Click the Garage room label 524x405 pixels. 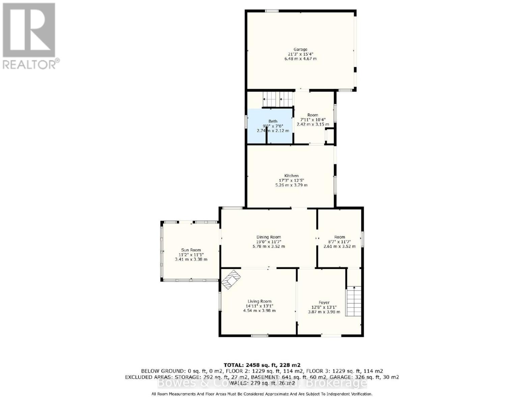click(x=300, y=50)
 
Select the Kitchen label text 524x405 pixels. click(x=291, y=175)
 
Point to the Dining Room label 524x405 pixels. click(x=269, y=237)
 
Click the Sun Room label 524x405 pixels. click(x=191, y=250)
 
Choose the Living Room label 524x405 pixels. click(x=259, y=301)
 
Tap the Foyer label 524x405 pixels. click(x=324, y=302)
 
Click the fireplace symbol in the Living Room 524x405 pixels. click(x=232, y=279)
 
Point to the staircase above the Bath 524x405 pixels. click(x=277, y=100)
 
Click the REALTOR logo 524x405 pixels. click(x=30, y=35)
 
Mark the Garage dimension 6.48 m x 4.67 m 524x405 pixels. click(x=300, y=59)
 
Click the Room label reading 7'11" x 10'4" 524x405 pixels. click(x=313, y=119)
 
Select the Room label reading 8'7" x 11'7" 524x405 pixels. click(x=339, y=242)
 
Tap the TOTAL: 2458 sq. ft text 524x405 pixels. click(x=262, y=365)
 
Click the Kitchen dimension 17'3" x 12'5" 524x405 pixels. click(x=292, y=180)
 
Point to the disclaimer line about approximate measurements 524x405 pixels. click(x=262, y=394)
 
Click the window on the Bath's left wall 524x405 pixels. click(x=246, y=122)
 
